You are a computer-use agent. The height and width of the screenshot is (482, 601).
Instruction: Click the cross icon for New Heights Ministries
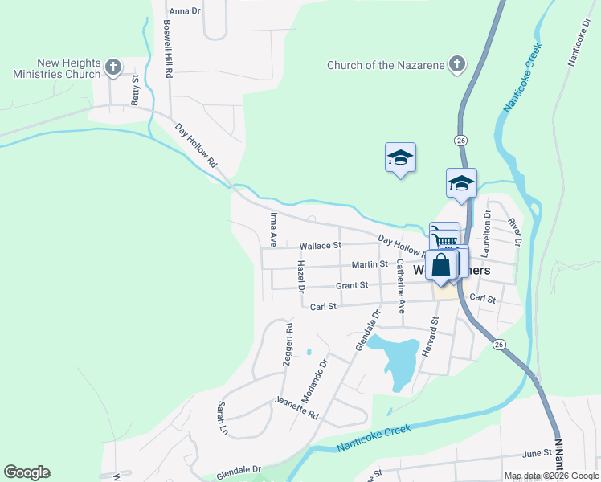tap(113, 67)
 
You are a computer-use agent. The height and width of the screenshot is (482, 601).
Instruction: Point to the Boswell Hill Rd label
tap(168, 48)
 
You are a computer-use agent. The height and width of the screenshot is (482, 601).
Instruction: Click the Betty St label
tap(136, 91)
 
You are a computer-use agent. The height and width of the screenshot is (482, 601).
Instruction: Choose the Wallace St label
tap(320, 246)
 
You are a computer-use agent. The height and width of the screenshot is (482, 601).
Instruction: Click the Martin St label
tap(370, 264)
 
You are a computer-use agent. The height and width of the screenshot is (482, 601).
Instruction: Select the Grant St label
tap(352, 285)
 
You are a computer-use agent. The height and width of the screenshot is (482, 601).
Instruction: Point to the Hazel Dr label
tap(301, 276)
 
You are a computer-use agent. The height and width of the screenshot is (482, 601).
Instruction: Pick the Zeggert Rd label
tap(287, 345)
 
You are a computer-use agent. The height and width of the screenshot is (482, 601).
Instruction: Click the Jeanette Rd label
tap(296, 408)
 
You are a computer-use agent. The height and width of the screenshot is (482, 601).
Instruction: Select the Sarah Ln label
tap(222, 419)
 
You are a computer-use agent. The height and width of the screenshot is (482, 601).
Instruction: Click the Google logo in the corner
tap(27, 472)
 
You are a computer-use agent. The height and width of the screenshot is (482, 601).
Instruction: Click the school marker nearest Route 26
tap(462, 183)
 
